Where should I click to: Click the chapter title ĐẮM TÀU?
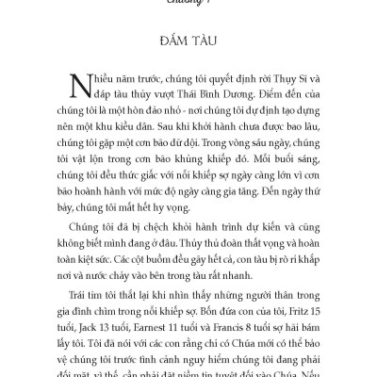[x=189, y=46]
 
